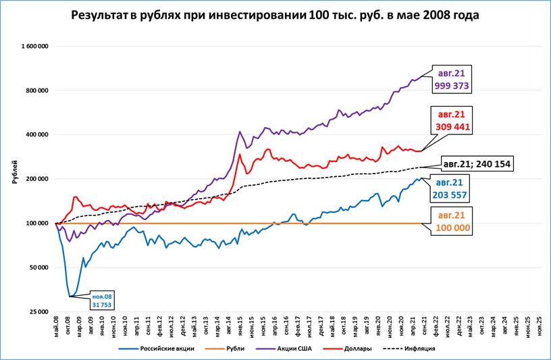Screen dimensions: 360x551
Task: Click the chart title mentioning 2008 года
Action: [x=275, y=16]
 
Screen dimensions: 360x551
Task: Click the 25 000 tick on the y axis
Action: [x=38, y=311]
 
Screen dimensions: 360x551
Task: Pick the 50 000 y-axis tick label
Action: [x=38, y=267]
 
